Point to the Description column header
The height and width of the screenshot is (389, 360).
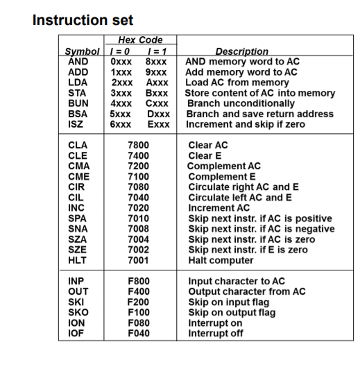[242, 51]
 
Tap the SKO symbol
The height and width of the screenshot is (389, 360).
[78, 313]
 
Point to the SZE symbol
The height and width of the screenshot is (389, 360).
[78, 250]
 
